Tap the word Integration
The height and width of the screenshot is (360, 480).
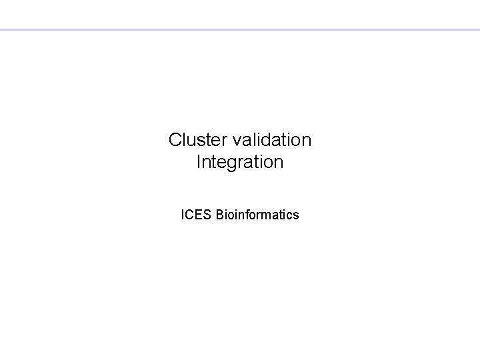click(x=240, y=162)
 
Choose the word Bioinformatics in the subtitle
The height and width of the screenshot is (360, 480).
click(x=257, y=215)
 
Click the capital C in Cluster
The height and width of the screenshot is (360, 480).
click(x=175, y=140)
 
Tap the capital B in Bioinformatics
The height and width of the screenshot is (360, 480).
click(x=220, y=215)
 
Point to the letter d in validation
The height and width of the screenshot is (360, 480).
click(x=265, y=140)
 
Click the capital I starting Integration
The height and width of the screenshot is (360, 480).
click(x=199, y=162)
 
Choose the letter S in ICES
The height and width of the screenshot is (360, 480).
click(x=208, y=215)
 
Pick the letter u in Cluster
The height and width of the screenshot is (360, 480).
click(x=193, y=141)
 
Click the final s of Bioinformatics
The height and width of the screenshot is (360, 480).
click(x=296, y=215)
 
